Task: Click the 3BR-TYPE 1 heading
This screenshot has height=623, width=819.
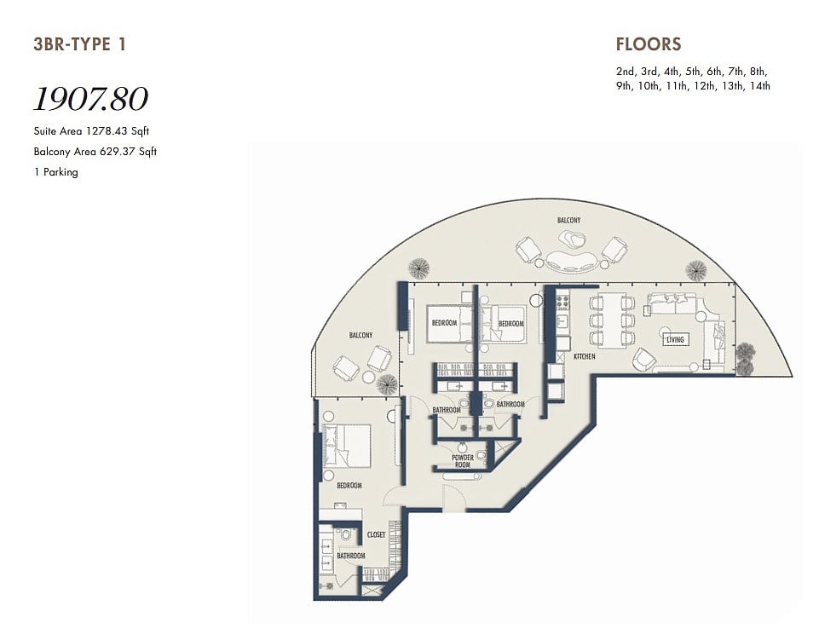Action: [79, 44]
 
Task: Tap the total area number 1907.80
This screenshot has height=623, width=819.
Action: [91, 99]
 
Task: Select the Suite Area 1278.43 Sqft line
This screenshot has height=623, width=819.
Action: [91, 131]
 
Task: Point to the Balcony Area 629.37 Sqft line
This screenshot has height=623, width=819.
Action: [95, 152]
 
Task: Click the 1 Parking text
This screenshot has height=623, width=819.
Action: [56, 172]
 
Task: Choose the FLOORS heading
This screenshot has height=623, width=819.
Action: [649, 44]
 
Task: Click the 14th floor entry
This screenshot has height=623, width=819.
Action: [759, 86]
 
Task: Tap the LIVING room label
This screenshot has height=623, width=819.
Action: [675, 339]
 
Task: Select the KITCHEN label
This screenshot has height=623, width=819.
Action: [584, 356]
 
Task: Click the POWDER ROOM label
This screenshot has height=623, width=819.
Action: [463, 460]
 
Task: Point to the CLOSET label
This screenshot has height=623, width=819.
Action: [376, 534]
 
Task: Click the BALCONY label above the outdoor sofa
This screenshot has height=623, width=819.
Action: [568, 220]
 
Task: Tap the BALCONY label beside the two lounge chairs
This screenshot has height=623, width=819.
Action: [361, 335]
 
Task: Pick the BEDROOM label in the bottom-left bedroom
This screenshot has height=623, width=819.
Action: [349, 486]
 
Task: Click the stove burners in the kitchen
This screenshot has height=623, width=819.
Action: [563, 302]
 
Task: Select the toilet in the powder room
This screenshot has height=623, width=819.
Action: [482, 457]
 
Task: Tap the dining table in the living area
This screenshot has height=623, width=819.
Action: [612, 320]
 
